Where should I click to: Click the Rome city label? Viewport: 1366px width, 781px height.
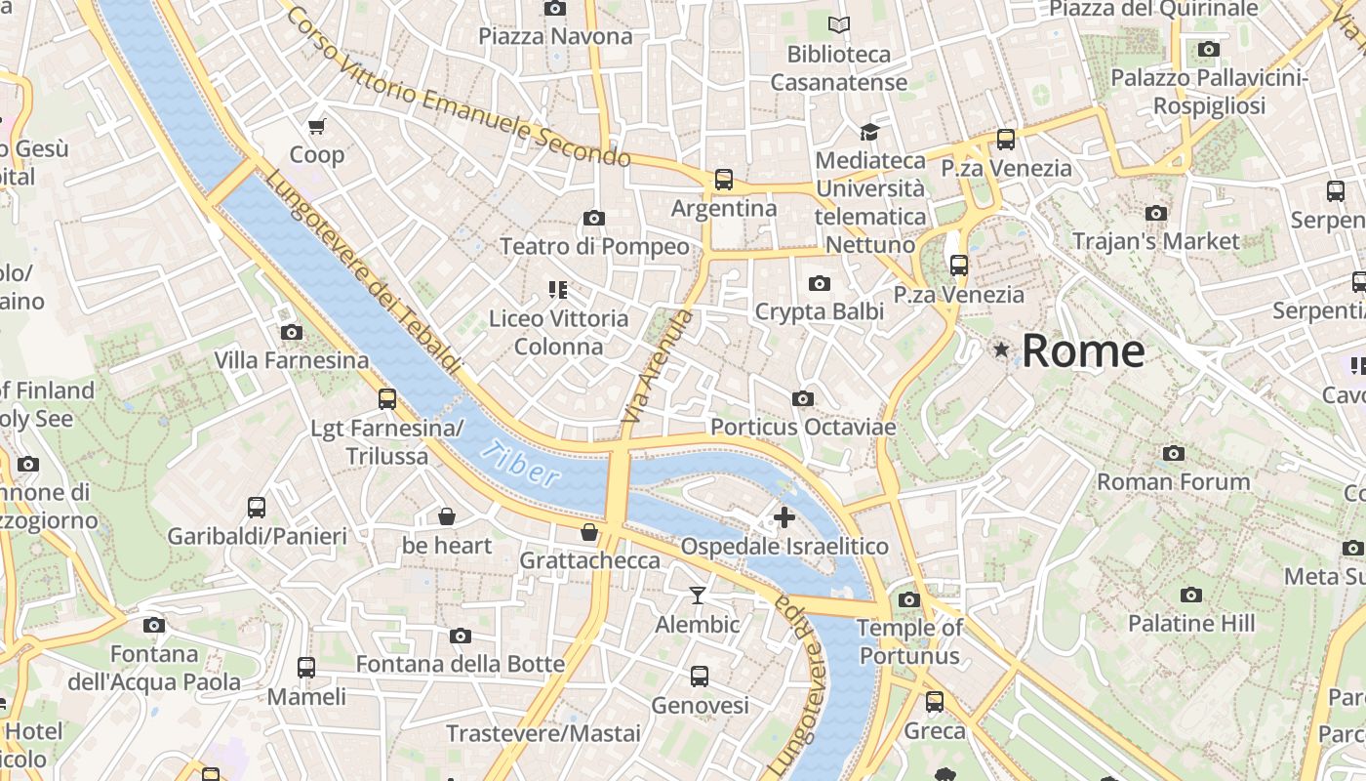click(x=1083, y=350)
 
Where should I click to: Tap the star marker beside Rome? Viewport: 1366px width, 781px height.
click(x=1001, y=349)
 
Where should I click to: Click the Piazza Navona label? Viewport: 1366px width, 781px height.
click(x=555, y=36)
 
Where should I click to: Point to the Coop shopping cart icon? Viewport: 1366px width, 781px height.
click(x=317, y=126)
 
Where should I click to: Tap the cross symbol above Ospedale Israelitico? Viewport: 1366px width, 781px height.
click(x=783, y=517)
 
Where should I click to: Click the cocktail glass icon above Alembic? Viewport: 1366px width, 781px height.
click(x=698, y=595)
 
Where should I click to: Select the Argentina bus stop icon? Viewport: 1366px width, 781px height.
click(x=723, y=180)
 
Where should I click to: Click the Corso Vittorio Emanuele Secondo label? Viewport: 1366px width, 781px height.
click(x=459, y=88)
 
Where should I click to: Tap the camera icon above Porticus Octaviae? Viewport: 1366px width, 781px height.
click(x=803, y=398)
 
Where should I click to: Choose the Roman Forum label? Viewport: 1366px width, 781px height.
click(x=1173, y=481)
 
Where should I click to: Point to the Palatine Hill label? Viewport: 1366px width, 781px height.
click(x=1191, y=623)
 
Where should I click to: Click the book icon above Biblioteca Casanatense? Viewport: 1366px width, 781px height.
click(x=838, y=24)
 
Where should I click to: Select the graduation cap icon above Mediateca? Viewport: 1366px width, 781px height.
click(x=869, y=131)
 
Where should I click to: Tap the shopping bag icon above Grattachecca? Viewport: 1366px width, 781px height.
click(x=588, y=532)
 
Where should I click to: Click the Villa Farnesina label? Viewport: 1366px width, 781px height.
click(x=292, y=360)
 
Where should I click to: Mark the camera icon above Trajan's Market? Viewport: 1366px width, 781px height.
click(x=1156, y=213)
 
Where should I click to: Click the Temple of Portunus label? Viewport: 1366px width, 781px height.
click(x=909, y=641)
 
